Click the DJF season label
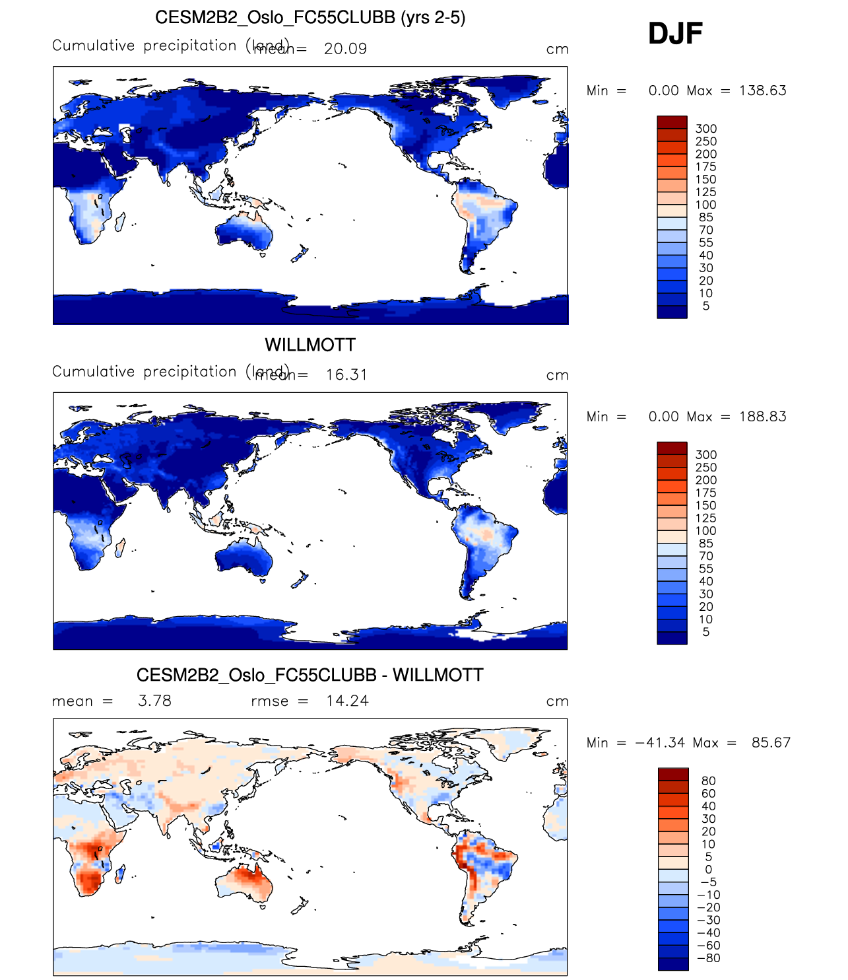click(675, 34)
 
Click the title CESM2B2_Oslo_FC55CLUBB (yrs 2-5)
click(310, 17)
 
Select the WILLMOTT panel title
click(310, 345)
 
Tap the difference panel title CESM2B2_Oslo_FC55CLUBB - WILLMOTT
click(310, 675)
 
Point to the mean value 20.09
click(345, 49)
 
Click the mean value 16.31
click(346, 375)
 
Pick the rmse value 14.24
click(347, 701)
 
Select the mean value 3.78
click(154, 701)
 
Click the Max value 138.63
click(763, 91)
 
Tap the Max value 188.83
click(763, 417)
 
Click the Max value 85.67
click(771, 743)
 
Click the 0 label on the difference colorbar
click(708, 870)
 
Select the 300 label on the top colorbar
click(706, 129)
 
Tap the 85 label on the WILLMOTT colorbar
click(706, 543)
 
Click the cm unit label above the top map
click(557, 50)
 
